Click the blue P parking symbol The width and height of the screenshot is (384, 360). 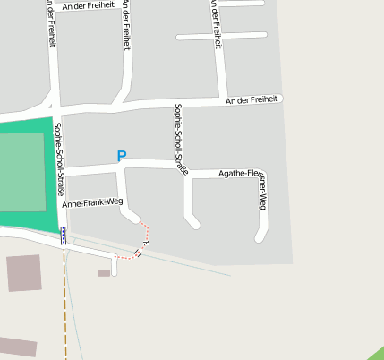(122, 157)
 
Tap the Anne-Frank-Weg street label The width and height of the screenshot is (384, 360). (92, 203)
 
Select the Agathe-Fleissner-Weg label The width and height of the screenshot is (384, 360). (242, 175)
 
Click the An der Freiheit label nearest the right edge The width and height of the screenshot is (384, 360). (252, 100)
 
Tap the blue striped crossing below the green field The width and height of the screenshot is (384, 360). (63, 236)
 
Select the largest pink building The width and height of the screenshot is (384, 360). (24, 273)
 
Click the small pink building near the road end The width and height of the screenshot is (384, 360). (104, 272)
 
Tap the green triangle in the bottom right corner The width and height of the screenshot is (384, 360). (375, 352)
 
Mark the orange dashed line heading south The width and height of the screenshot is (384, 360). (64, 304)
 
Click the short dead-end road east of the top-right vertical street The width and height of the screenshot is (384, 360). (222, 36)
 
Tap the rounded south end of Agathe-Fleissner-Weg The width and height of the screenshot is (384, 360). (260, 237)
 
